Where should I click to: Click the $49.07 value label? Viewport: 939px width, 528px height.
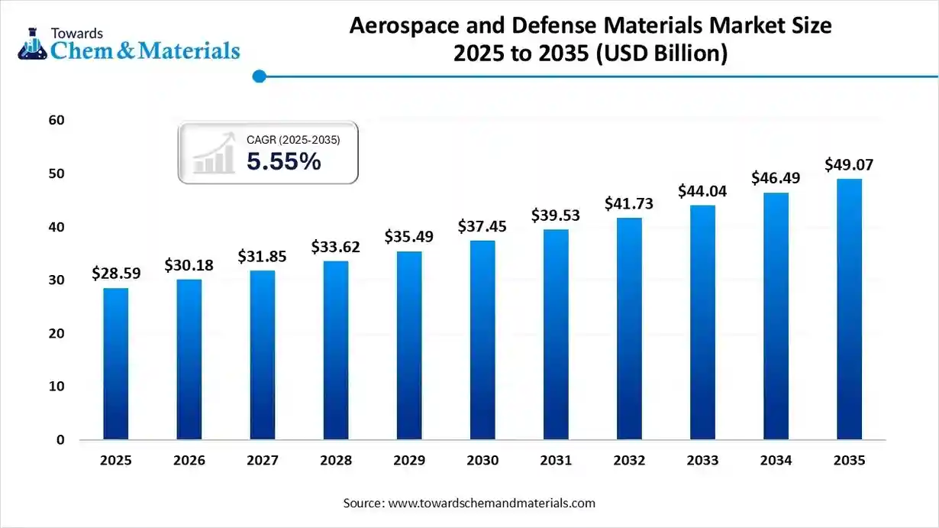(849, 165)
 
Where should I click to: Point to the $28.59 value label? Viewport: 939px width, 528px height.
(116, 273)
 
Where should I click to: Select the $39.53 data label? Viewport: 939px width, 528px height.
(556, 215)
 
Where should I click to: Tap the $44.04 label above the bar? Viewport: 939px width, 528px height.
(702, 191)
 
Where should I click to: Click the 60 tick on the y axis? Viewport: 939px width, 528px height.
(55, 120)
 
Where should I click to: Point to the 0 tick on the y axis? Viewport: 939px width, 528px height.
(60, 440)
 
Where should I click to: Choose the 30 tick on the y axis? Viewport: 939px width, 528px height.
(55, 280)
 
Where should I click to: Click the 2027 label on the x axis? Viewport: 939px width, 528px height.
(263, 461)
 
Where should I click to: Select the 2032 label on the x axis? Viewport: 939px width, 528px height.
(629, 461)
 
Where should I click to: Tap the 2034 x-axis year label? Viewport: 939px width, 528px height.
(776, 461)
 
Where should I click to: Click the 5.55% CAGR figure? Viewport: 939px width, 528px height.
(283, 162)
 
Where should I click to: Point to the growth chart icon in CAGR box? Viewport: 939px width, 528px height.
(214, 153)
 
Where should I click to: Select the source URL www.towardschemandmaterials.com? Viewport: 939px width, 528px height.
(492, 504)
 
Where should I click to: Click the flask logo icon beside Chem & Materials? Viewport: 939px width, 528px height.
(31, 44)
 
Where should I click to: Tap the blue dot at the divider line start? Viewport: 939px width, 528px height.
(259, 76)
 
